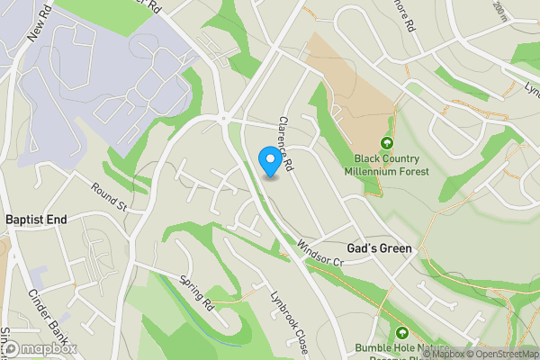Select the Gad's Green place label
click(x=379, y=248)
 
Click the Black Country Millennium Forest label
click(x=386, y=166)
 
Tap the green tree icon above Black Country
click(x=387, y=144)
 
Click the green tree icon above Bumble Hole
click(x=403, y=332)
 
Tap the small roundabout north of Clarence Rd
click(x=221, y=118)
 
